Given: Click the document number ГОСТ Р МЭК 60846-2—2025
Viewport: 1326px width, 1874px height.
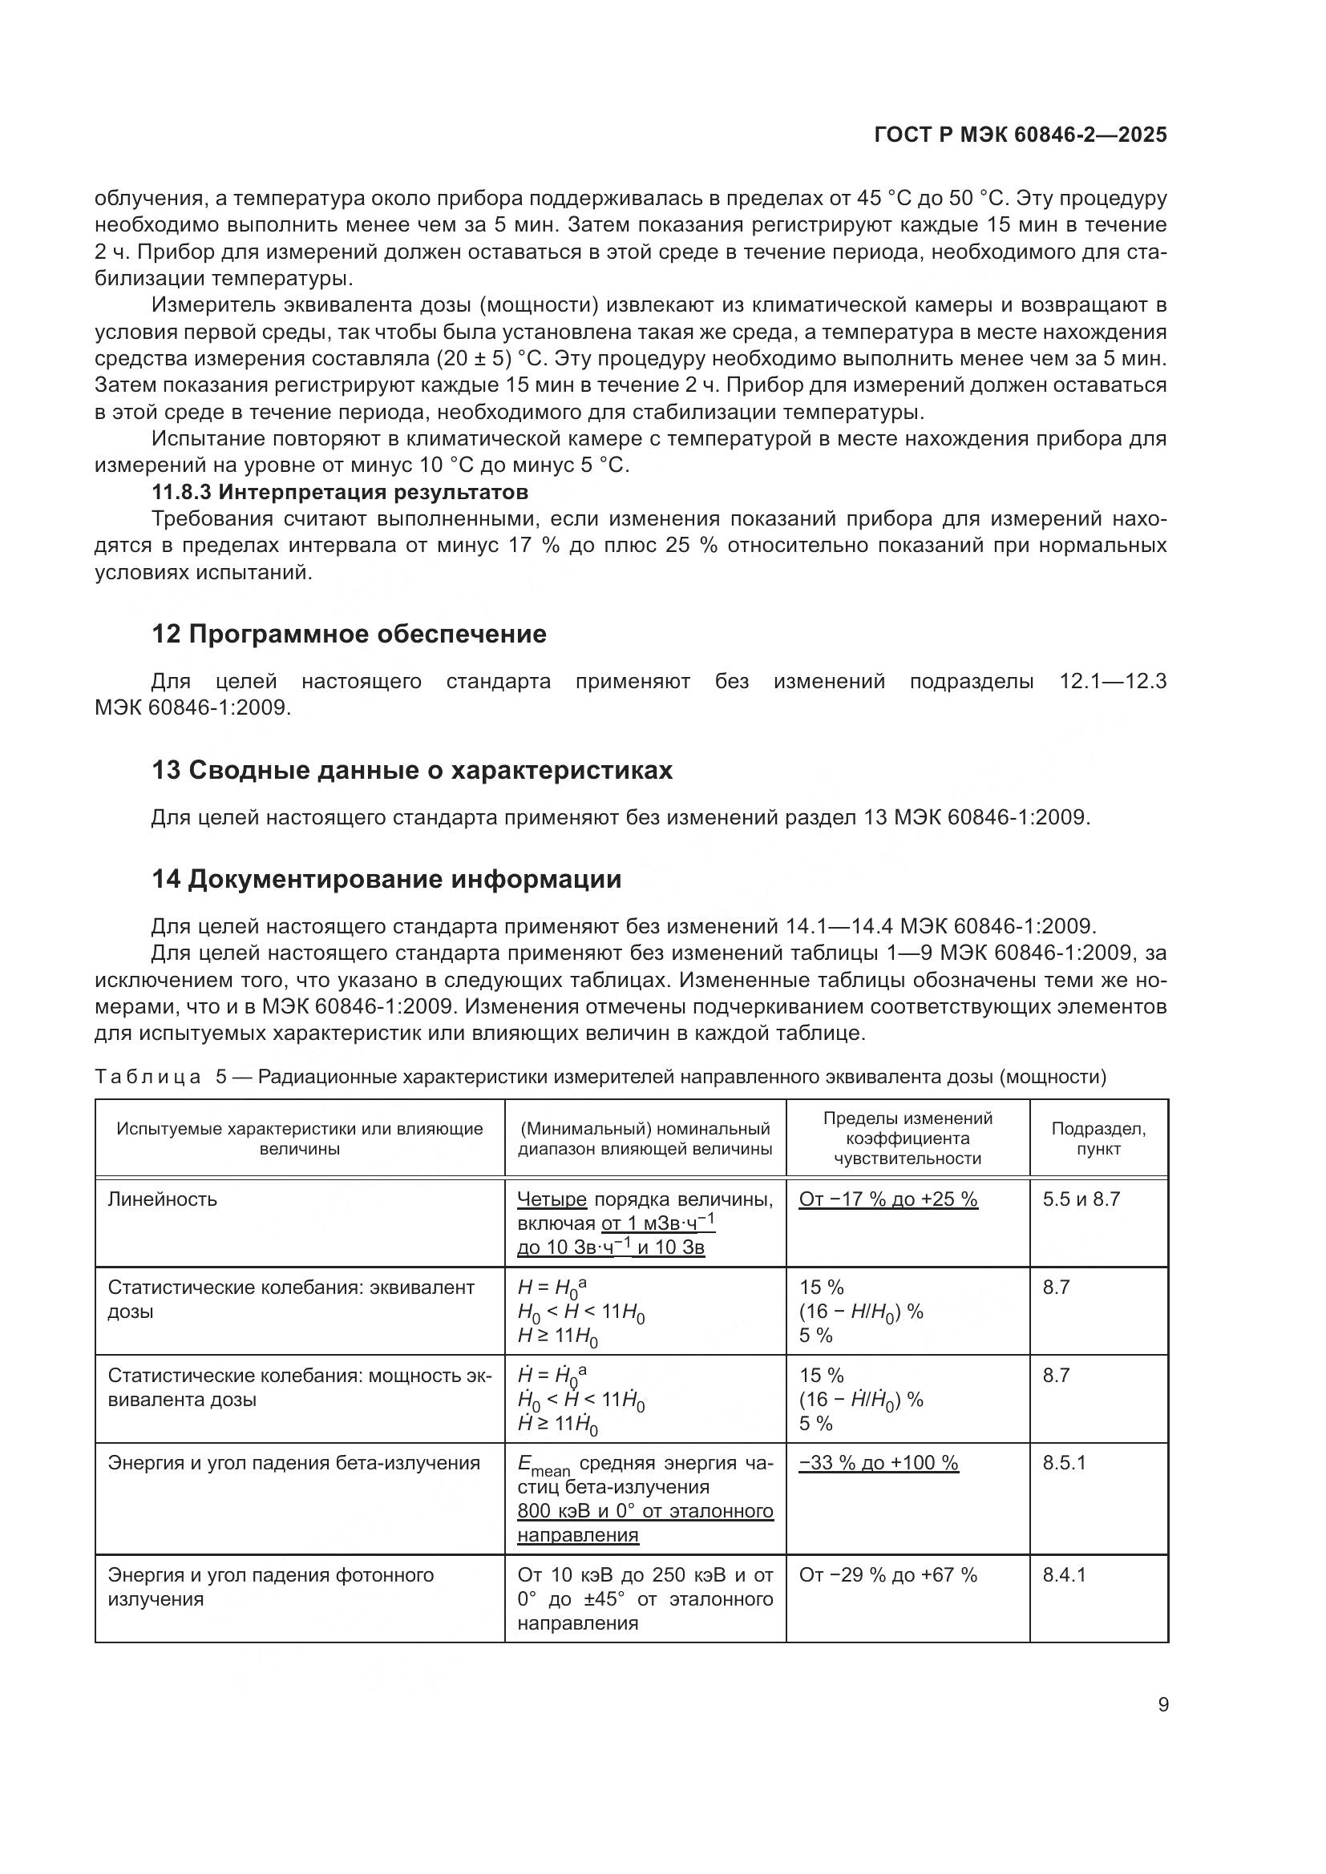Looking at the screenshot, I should click(1020, 135).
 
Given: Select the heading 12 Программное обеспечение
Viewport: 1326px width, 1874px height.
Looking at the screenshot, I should click(349, 635).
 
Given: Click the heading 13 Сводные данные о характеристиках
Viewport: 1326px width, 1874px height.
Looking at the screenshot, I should click(411, 770).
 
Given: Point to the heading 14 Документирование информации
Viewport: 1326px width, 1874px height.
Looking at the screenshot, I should click(386, 879).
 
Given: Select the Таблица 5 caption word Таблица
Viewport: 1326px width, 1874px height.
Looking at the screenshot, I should click(148, 1077).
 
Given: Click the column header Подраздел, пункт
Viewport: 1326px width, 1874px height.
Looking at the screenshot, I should click(1098, 1139).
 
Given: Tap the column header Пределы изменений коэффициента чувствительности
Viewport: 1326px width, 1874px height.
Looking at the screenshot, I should click(908, 1139).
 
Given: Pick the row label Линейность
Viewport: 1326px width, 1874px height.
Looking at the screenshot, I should click(163, 1199).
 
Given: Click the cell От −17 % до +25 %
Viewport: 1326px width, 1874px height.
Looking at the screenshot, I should click(887, 1199).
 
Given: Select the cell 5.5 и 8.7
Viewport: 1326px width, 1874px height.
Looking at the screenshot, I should click(1081, 1199).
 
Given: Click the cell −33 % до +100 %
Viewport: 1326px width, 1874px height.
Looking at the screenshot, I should click(879, 1463).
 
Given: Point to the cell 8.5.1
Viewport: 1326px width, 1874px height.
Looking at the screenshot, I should click(1064, 1463).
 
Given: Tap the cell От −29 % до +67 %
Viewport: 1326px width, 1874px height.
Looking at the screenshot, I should click(887, 1575).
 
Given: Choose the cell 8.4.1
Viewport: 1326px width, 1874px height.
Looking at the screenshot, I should click(1064, 1575).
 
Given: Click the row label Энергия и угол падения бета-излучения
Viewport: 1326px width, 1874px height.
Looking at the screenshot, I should click(294, 1463).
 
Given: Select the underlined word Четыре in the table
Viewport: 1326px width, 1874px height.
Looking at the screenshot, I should click(552, 1199).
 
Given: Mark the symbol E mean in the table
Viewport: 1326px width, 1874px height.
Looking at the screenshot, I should click(543, 1466).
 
